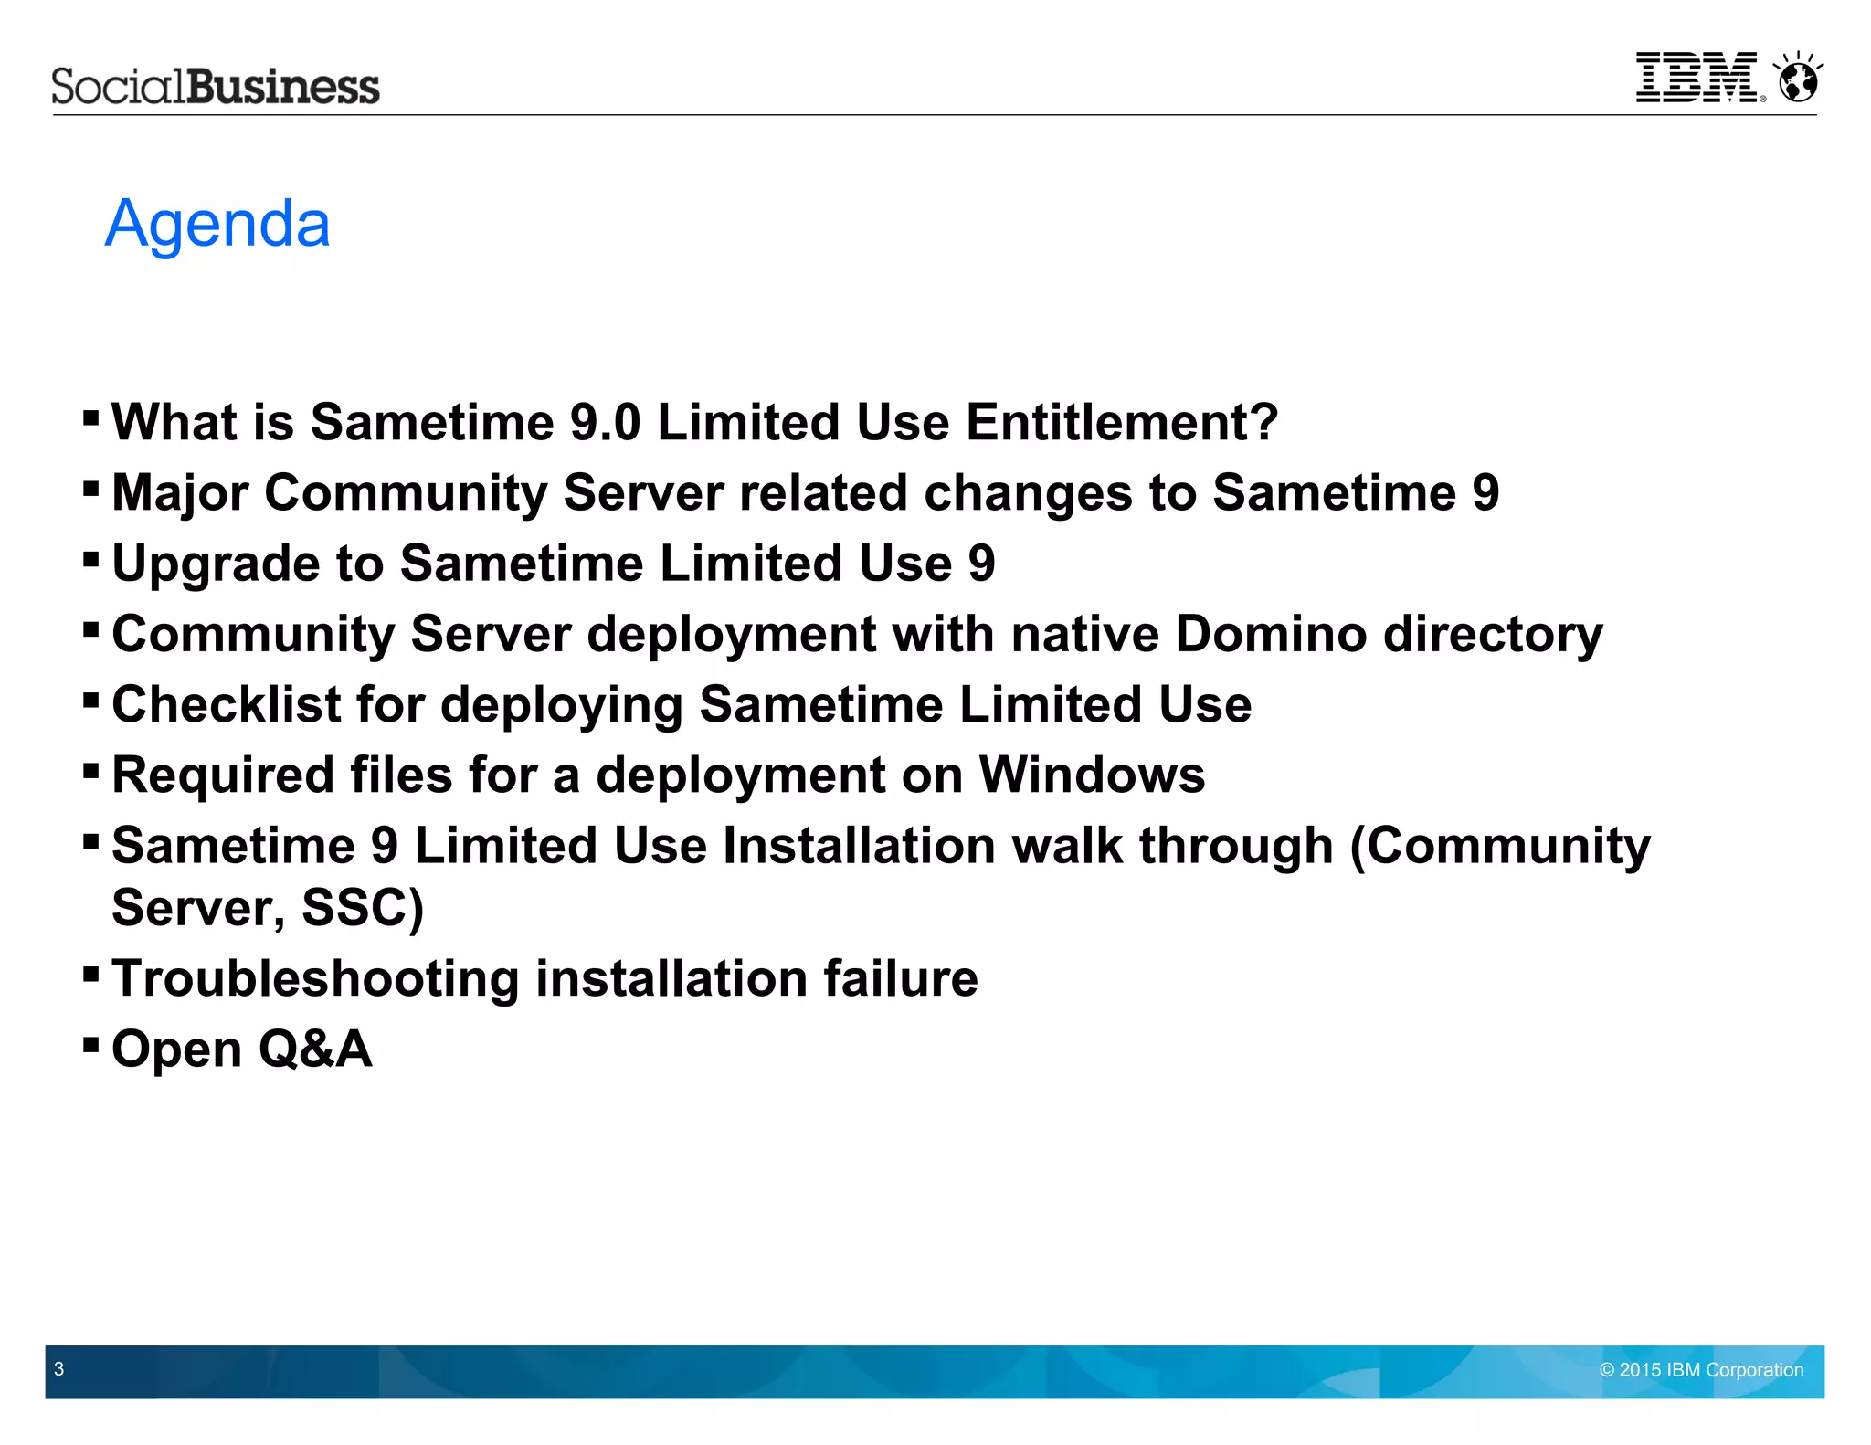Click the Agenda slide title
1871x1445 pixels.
pyautogui.click(x=217, y=224)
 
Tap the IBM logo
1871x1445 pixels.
pyautogui.click(x=1697, y=78)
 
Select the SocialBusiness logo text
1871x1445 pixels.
pyautogui.click(x=216, y=87)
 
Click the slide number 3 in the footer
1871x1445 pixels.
pyautogui.click(x=59, y=1369)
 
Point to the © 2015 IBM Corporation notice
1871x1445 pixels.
pyautogui.click(x=1701, y=1370)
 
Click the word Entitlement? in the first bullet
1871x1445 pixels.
pyautogui.click(x=1122, y=423)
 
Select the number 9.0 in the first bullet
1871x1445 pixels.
pyautogui.click(x=605, y=423)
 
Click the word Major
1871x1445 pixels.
pyautogui.click(x=180, y=493)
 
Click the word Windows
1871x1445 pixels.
pyautogui.click(x=1092, y=775)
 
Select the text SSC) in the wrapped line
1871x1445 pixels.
pyautogui.click(x=363, y=908)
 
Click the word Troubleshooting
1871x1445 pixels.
pyautogui.click(x=315, y=979)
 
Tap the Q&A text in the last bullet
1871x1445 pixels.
pyautogui.click(x=315, y=1049)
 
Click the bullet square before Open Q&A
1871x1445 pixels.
pyautogui.click(x=90, y=1043)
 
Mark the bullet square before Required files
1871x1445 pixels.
pyautogui.click(x=90, y=770)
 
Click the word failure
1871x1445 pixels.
pyautogui.click(x=900, y=978)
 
